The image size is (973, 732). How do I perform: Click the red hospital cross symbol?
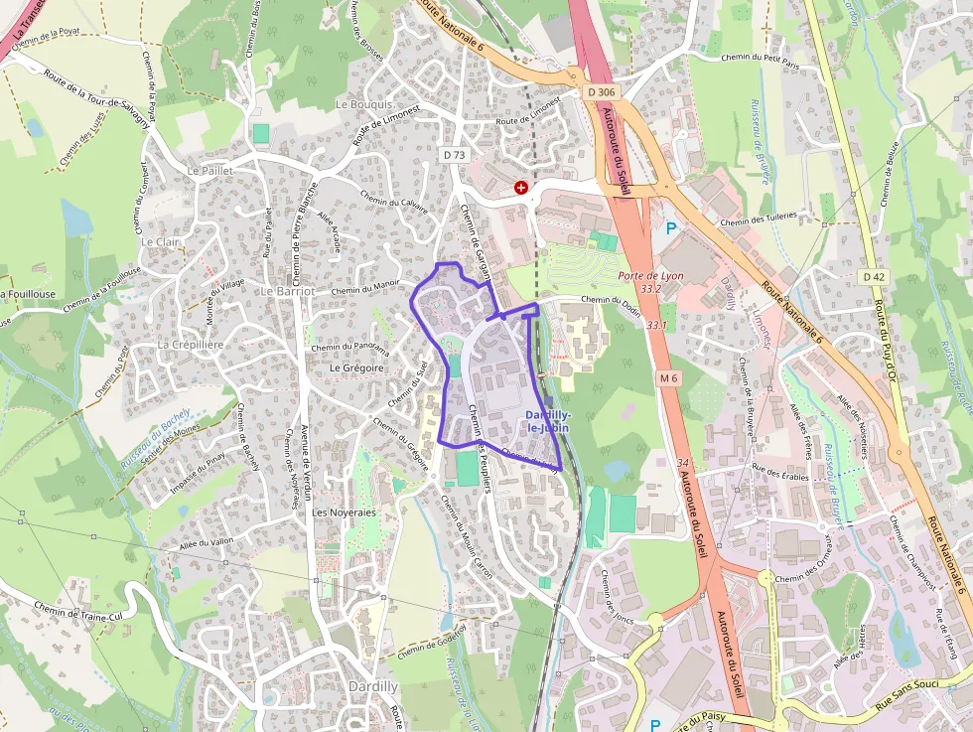pos(520,187)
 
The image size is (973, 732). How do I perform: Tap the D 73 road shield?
pos(454,155)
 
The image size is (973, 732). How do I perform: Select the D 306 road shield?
pos(601,92)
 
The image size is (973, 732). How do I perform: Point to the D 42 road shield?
pos(873,276)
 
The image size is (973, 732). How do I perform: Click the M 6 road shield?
pos(668,377)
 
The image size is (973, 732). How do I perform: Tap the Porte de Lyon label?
pos(650,276)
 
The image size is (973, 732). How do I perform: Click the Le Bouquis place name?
pos(364,104)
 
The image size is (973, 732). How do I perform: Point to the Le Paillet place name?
pos(209,171)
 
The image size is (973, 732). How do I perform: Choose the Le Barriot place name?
pos(288,291)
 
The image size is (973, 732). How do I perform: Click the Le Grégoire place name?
pos(355,366)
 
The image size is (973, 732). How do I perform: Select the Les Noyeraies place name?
pos(344,512)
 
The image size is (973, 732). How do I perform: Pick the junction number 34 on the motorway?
pos(682,463)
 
